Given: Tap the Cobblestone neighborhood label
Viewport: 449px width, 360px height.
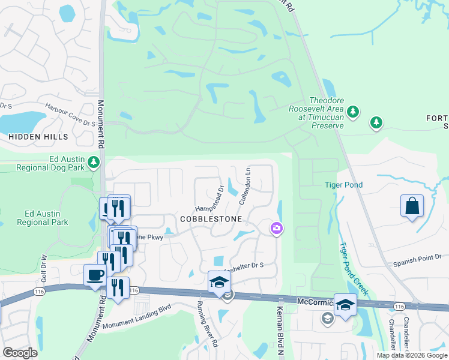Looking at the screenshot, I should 211,220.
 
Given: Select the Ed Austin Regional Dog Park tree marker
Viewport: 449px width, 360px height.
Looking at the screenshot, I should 93,162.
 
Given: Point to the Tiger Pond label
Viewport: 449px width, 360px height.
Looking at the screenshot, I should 344,185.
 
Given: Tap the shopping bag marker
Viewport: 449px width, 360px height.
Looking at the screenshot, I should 412,206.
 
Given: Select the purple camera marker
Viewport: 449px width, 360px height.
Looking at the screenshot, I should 277,228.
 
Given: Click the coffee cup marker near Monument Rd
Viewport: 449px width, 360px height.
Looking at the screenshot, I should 95,275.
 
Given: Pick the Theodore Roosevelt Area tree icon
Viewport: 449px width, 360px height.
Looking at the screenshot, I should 354,111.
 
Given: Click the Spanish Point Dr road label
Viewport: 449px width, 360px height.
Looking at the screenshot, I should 417,260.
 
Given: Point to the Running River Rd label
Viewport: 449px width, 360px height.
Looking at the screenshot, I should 208,323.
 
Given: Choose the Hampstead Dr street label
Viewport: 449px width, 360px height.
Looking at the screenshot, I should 209,200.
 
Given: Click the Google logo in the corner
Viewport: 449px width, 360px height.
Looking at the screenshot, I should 20,353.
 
